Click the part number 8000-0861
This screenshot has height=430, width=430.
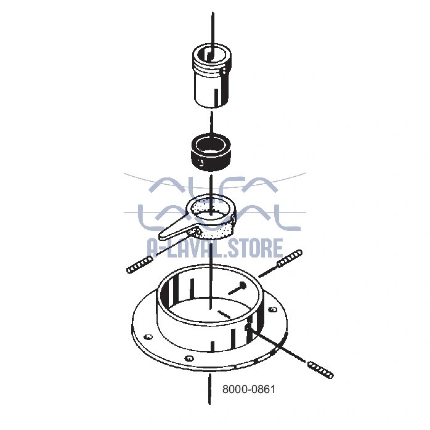pyautogui.click(x=248, y=389)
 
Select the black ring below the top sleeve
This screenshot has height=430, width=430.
pyautogui.click(x=211, y=152)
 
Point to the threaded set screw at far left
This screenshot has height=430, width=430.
pyautogui.click(x=140, y=265)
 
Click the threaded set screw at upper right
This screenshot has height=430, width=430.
pyautogui.click(x=290, y=258)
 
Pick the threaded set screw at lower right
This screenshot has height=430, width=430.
pyautogui.click(x=320, y=370)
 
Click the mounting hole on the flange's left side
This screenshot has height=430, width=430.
pyautogui.click(x=148, y=337)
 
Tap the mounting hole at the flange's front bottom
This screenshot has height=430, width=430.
pyautogui.click(x=189, y=358)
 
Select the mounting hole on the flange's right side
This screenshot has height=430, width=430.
pyautogui.click(x=272, y=310)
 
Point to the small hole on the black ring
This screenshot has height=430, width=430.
pyautogui.click(x=201, y=164)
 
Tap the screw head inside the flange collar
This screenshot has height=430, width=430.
pyautogui.click(x=243, y=285)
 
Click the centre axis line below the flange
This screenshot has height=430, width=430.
pyautogui.click(x=209, y=388)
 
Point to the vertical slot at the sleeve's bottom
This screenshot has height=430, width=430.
pyautogui.click(x=216, y=97)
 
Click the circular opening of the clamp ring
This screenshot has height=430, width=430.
pyautogui.click(x=210, y=211)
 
